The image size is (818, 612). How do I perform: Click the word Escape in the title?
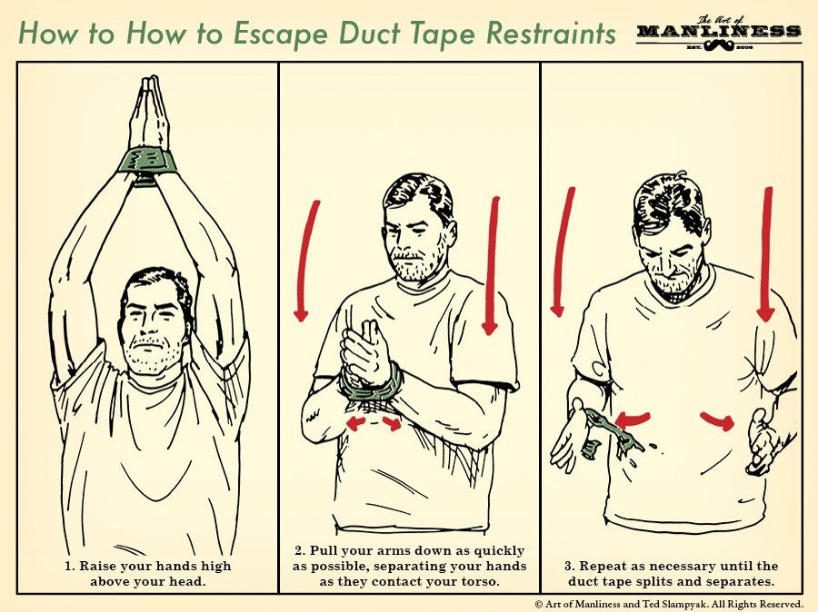(x=281, y=34)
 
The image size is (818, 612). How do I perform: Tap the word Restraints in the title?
(x=551, y=33)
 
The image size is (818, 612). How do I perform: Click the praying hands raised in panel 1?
(x=150, y=113)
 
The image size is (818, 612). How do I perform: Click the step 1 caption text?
(x=147, y=574)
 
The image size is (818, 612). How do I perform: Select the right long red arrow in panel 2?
(x=492, y=266)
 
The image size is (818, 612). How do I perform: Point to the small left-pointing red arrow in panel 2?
(x=355, y=423)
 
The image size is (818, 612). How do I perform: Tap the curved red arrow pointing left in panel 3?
(x=633, y=419)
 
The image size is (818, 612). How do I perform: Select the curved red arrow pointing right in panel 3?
(x=718, y=420)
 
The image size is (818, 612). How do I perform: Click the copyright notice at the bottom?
(x=669, y=604)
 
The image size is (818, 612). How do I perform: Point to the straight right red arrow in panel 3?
(x=767, y=254)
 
